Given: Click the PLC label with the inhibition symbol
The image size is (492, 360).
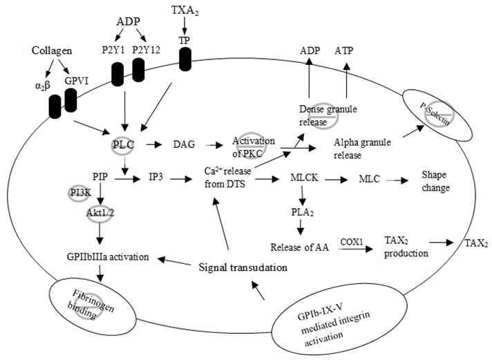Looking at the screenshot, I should coord(124,145).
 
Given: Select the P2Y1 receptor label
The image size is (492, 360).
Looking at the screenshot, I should coord(112,51).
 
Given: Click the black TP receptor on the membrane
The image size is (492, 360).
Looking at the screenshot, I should coord(184,59).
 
